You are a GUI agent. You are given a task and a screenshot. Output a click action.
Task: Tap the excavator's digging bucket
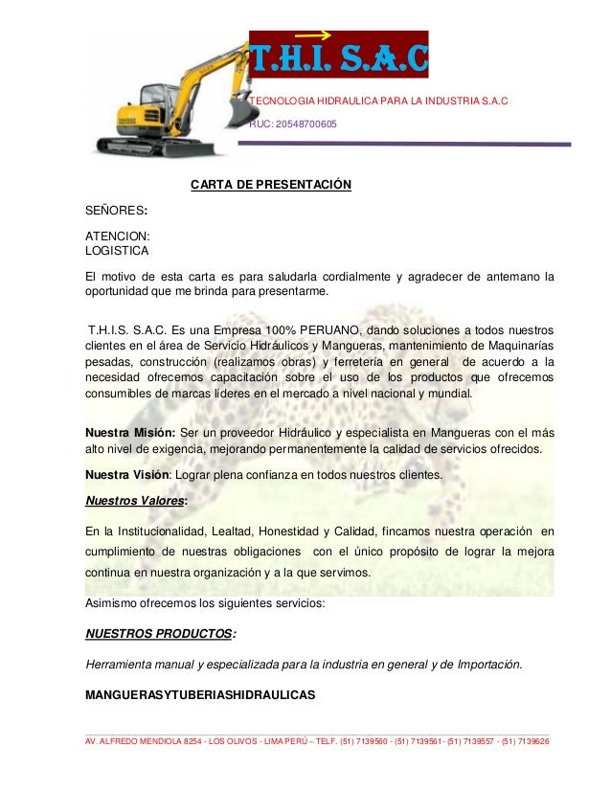pos(240,111)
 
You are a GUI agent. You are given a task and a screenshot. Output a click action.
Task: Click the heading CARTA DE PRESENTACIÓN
pos(271,184)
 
